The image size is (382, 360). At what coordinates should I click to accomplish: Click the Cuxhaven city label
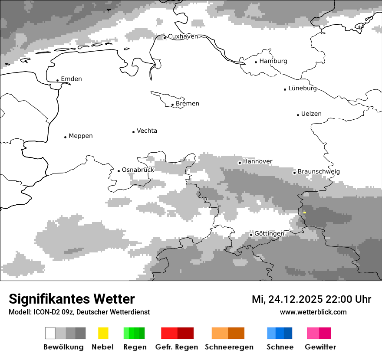pos(183,36)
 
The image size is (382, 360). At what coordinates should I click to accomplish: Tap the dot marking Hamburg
pos(256,62)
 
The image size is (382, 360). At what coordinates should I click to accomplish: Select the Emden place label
pos(71,79)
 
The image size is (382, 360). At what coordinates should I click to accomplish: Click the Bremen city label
pos(188,104)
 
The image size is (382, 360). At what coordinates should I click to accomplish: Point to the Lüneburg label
pos(303,88)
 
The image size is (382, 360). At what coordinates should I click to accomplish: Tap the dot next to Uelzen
pos(298,115)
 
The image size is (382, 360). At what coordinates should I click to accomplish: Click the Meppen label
pos(81,136)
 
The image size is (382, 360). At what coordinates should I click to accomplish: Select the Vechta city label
pos(147,131)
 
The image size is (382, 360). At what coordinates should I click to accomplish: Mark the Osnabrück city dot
pos(119,171)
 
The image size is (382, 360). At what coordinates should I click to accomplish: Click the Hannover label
pos(257,161)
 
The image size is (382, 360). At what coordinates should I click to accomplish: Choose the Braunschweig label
pos(319,172)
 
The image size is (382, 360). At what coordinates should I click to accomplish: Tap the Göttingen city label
pos(269,234)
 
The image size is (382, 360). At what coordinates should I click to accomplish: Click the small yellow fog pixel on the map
pos(305,212)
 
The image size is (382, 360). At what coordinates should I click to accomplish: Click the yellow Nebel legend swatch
pos(103,333)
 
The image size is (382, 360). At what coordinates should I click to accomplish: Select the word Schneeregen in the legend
pos(229,347)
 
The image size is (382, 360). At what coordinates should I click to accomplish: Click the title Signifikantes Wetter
pos(72,299)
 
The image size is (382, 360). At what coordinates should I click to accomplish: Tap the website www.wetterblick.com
pos(313,312)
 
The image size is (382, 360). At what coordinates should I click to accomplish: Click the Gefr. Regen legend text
pos(176,347)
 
